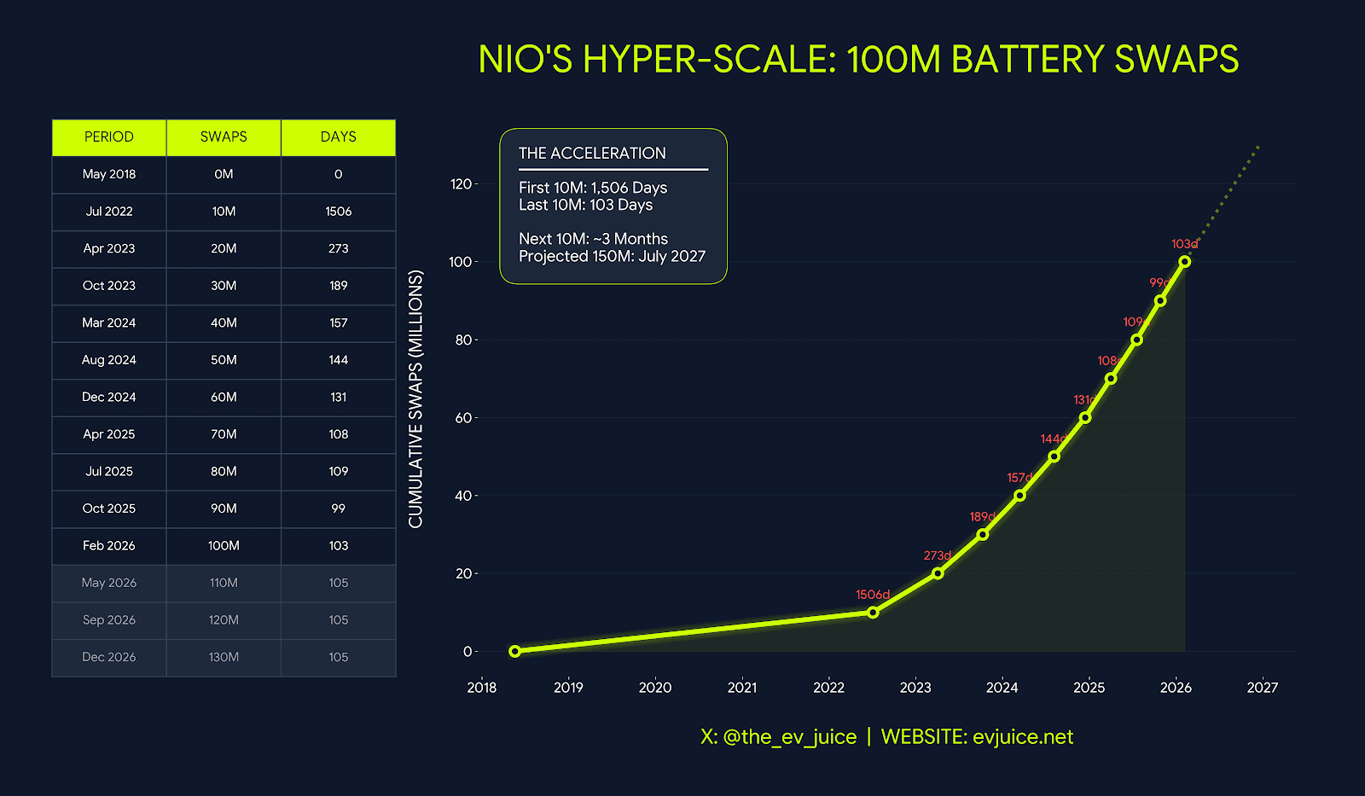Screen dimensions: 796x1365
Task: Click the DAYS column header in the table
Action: pos(338,137)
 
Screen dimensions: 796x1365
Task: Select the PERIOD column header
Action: pos(109,137)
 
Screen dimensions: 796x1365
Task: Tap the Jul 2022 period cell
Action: pos(109,212)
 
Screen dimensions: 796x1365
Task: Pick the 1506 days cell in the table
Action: pos(338,212)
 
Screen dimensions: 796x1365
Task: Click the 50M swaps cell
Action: pos(224,360)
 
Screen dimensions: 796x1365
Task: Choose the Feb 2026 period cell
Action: pos(109,546)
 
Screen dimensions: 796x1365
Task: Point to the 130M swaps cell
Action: pos(224,657)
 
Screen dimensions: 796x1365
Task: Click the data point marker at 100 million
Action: pos(1185,262)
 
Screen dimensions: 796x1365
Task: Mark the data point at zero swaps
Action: pos(514,651)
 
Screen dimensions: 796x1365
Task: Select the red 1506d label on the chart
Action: pos(873,595)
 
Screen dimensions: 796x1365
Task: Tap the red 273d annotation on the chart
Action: pos(938,555)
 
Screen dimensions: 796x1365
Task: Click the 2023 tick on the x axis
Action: pos(915,688)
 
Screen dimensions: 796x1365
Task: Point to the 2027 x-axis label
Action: pos(1262,688)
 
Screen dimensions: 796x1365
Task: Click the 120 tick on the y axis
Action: pos(461,184)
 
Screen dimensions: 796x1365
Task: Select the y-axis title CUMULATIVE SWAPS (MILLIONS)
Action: pos(415,398)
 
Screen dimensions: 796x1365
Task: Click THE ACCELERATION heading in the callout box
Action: pos(592,154)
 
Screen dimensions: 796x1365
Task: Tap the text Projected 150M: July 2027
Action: pos(612,256)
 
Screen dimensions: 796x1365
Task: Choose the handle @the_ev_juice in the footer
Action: pos(789,737)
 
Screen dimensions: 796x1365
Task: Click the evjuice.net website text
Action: pos(1022,737)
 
